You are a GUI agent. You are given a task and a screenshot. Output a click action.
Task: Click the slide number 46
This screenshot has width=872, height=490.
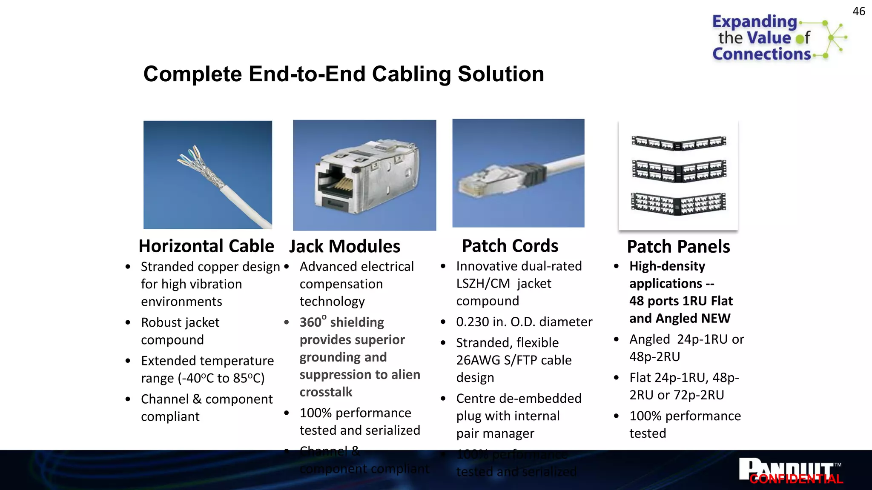[858, 11]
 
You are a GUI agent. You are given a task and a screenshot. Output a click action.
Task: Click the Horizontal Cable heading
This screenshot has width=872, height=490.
[206, 246]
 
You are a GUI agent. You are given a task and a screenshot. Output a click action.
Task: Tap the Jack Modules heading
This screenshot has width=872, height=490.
[344, 247]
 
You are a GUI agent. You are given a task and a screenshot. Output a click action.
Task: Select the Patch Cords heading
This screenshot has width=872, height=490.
[510, 246]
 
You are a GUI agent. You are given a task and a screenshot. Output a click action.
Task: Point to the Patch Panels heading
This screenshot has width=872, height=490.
[678, 247]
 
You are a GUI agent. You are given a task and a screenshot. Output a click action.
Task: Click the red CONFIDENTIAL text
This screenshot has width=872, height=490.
[796, 479]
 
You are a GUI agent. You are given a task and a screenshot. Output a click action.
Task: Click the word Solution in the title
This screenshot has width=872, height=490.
[501, 74]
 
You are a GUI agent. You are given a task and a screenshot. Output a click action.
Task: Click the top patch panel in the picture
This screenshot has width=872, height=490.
[679, 143]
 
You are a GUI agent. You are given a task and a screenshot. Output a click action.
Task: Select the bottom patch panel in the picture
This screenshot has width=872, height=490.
[679, 204]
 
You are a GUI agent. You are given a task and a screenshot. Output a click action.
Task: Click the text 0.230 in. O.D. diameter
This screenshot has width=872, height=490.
[524, 322]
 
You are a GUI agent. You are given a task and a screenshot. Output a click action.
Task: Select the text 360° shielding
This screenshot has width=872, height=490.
[341, 322]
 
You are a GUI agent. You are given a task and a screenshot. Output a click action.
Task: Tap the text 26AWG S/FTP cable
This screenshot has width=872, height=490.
[513, 360]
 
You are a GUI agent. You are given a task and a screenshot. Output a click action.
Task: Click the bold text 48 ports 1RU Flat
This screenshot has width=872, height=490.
[681, 301]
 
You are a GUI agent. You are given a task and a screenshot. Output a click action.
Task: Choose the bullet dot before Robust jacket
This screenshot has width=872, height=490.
[128, 322]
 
